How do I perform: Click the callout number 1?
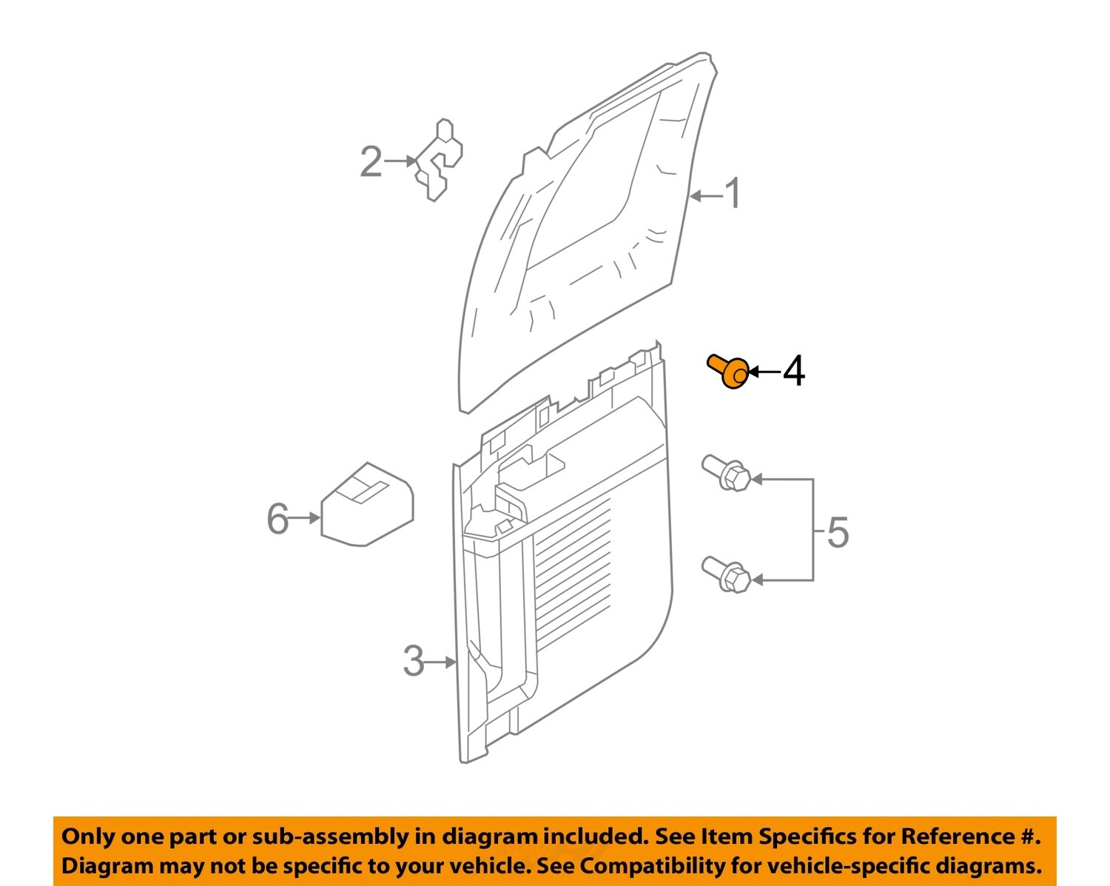coord(732,194)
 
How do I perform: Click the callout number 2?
coord(371,161)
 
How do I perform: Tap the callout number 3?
coord(414,661)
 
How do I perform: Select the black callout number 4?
coord(793,371)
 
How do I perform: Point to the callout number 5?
coord(837,532)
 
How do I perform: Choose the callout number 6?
coord(277,518)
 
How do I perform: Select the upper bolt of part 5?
coord(726,474)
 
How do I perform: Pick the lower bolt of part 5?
coord(726,574)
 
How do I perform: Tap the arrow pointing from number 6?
coord(304,518)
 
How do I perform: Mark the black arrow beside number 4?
coord(764,372)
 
